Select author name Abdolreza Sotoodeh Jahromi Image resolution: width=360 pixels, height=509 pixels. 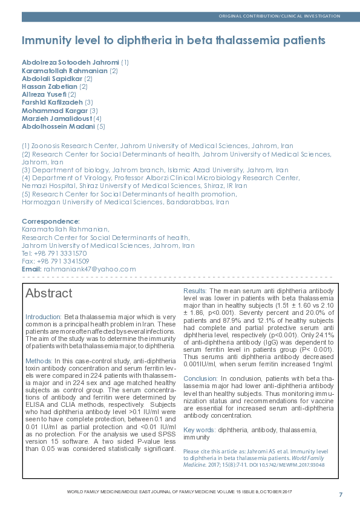point(71,62)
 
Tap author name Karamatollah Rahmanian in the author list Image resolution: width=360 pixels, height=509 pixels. point(65,71)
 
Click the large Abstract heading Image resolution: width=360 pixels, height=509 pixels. point(48,294)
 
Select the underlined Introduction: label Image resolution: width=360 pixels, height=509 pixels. point(44,317)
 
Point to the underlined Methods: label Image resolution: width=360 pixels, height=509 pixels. point(39,361)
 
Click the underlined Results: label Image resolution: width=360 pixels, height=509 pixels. point(195,291)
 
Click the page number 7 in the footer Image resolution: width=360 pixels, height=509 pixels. point(341,494)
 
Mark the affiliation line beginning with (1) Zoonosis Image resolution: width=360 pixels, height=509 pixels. point(157,146)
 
